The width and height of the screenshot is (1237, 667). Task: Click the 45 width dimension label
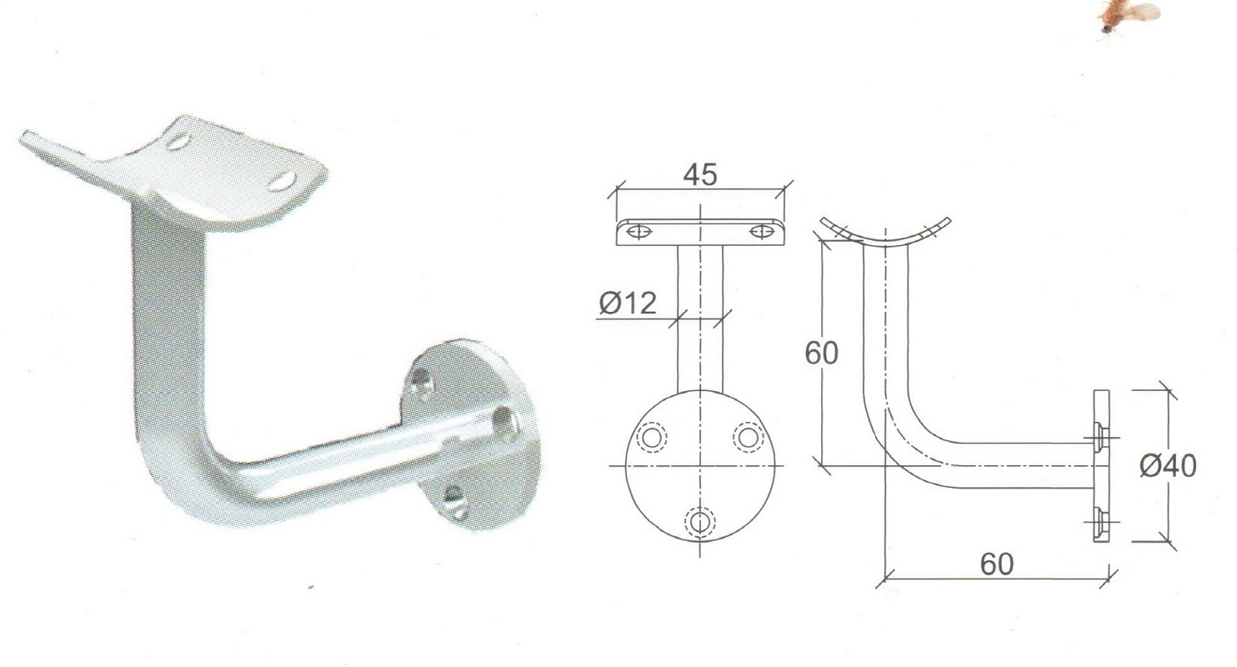(x=700, y=174)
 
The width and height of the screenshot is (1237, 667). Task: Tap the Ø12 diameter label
(x=628, y=303)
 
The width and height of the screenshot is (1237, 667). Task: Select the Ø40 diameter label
(x=1168, y=465)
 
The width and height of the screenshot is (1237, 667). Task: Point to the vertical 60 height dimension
(x=821, y=353)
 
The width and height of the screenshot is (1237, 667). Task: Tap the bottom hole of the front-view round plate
(x=700, y=521)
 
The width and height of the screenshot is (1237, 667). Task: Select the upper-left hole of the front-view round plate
(x=652, y=438)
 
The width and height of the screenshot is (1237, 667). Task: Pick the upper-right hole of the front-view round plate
(x=749, y=438)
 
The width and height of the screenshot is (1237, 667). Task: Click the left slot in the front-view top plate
(x=638, y=231)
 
